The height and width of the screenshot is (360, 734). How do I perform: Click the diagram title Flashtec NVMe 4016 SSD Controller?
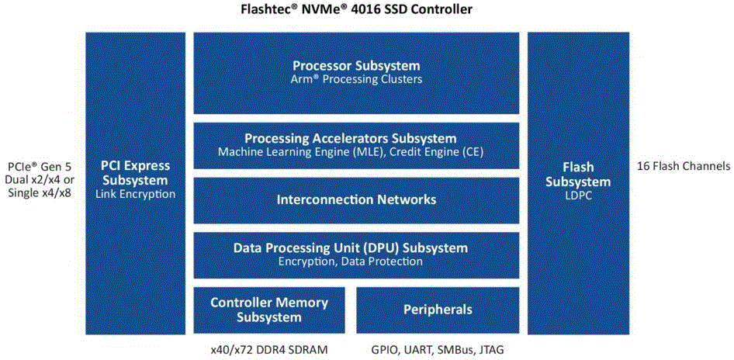356,9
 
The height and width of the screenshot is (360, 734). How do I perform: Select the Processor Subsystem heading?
356,65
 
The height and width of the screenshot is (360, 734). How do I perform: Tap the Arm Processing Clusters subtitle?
356,78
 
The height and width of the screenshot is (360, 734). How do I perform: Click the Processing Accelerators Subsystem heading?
351,139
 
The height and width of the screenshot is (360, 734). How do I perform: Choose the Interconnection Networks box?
356,200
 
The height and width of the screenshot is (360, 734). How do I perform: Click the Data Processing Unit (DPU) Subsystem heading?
351,247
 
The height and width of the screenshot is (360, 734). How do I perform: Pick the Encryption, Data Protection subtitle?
351,261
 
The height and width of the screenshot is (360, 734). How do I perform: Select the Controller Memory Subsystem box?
269,310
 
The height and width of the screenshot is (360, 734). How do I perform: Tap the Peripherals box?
438,310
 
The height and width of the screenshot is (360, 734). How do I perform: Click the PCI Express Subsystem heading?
135,173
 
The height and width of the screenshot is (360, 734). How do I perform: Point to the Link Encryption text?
135,193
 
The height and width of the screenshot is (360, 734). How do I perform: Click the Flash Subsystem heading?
579,174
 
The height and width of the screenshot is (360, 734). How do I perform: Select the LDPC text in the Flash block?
579,196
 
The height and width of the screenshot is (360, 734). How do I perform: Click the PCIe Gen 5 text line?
40,167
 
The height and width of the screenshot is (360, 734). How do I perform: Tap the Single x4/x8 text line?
40,192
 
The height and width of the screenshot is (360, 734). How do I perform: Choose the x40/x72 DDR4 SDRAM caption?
268,350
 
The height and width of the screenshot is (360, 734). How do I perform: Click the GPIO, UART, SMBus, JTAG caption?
438,350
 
